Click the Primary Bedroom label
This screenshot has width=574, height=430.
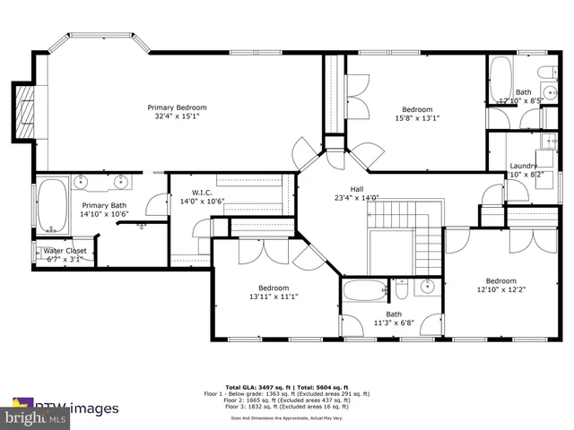point(177,107)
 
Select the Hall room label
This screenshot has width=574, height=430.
point(356,189)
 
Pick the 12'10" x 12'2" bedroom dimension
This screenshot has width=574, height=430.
point(501,288)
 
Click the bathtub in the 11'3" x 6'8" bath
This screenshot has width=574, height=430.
point(364,291)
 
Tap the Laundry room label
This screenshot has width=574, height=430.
point(523,167)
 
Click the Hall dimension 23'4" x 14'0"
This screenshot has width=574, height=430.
point(356,198)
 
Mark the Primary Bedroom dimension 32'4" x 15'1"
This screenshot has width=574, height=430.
point(177,116)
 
